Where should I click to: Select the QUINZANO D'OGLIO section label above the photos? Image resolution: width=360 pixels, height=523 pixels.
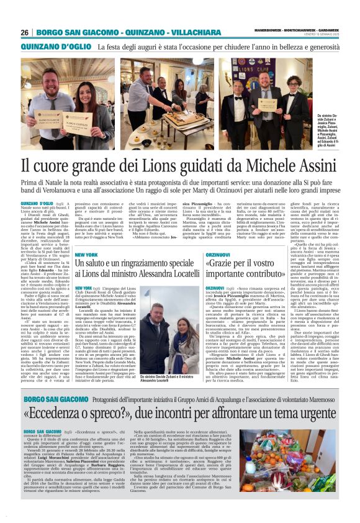(x=47, y=46)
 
